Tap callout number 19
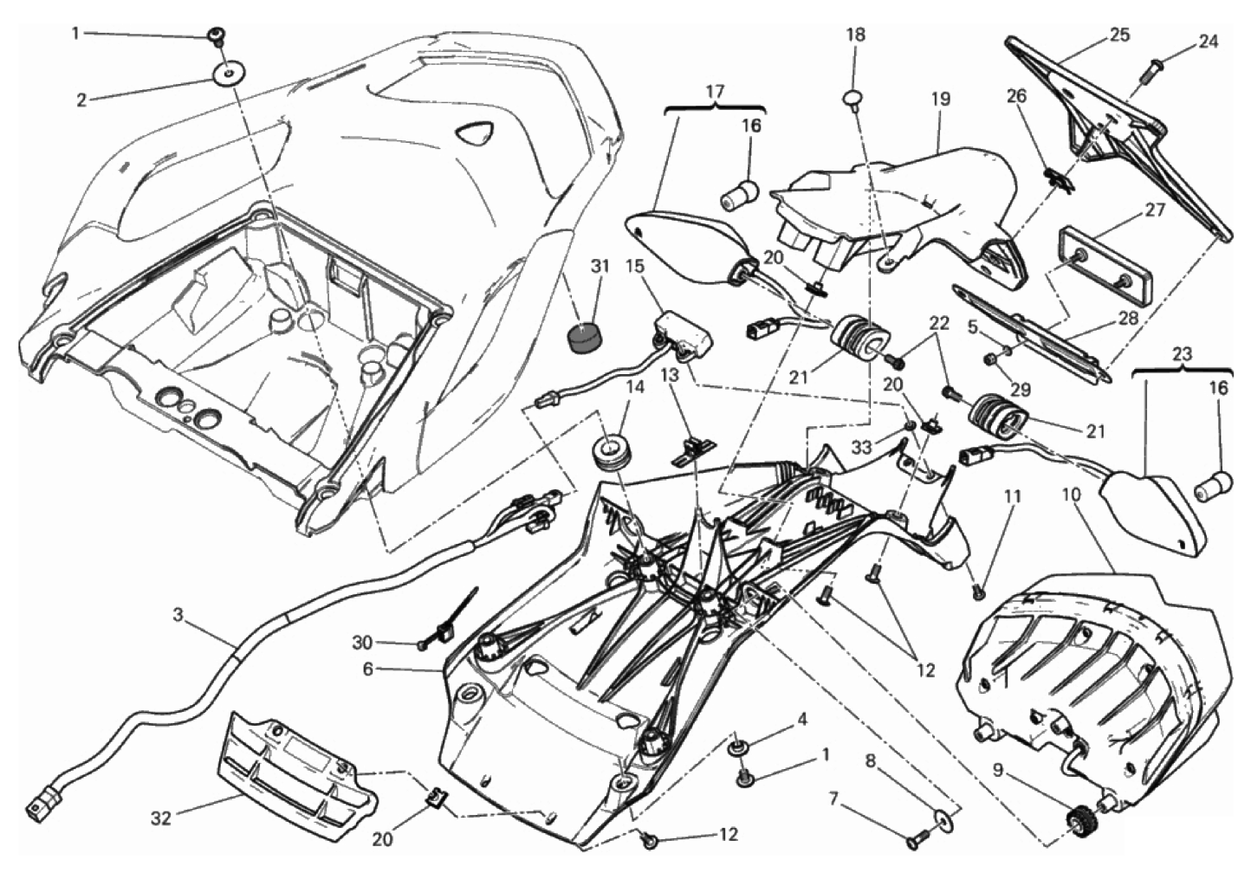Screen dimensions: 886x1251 tap(940, 99)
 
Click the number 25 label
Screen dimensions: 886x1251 tap(1119, 36)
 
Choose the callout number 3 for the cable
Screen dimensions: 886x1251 tap(178, 616)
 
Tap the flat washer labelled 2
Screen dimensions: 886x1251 tap(226, 75)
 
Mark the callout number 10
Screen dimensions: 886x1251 tap(1071, 495)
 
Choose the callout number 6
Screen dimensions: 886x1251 tap(367, 669)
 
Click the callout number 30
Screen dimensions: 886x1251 tap(362, 643)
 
